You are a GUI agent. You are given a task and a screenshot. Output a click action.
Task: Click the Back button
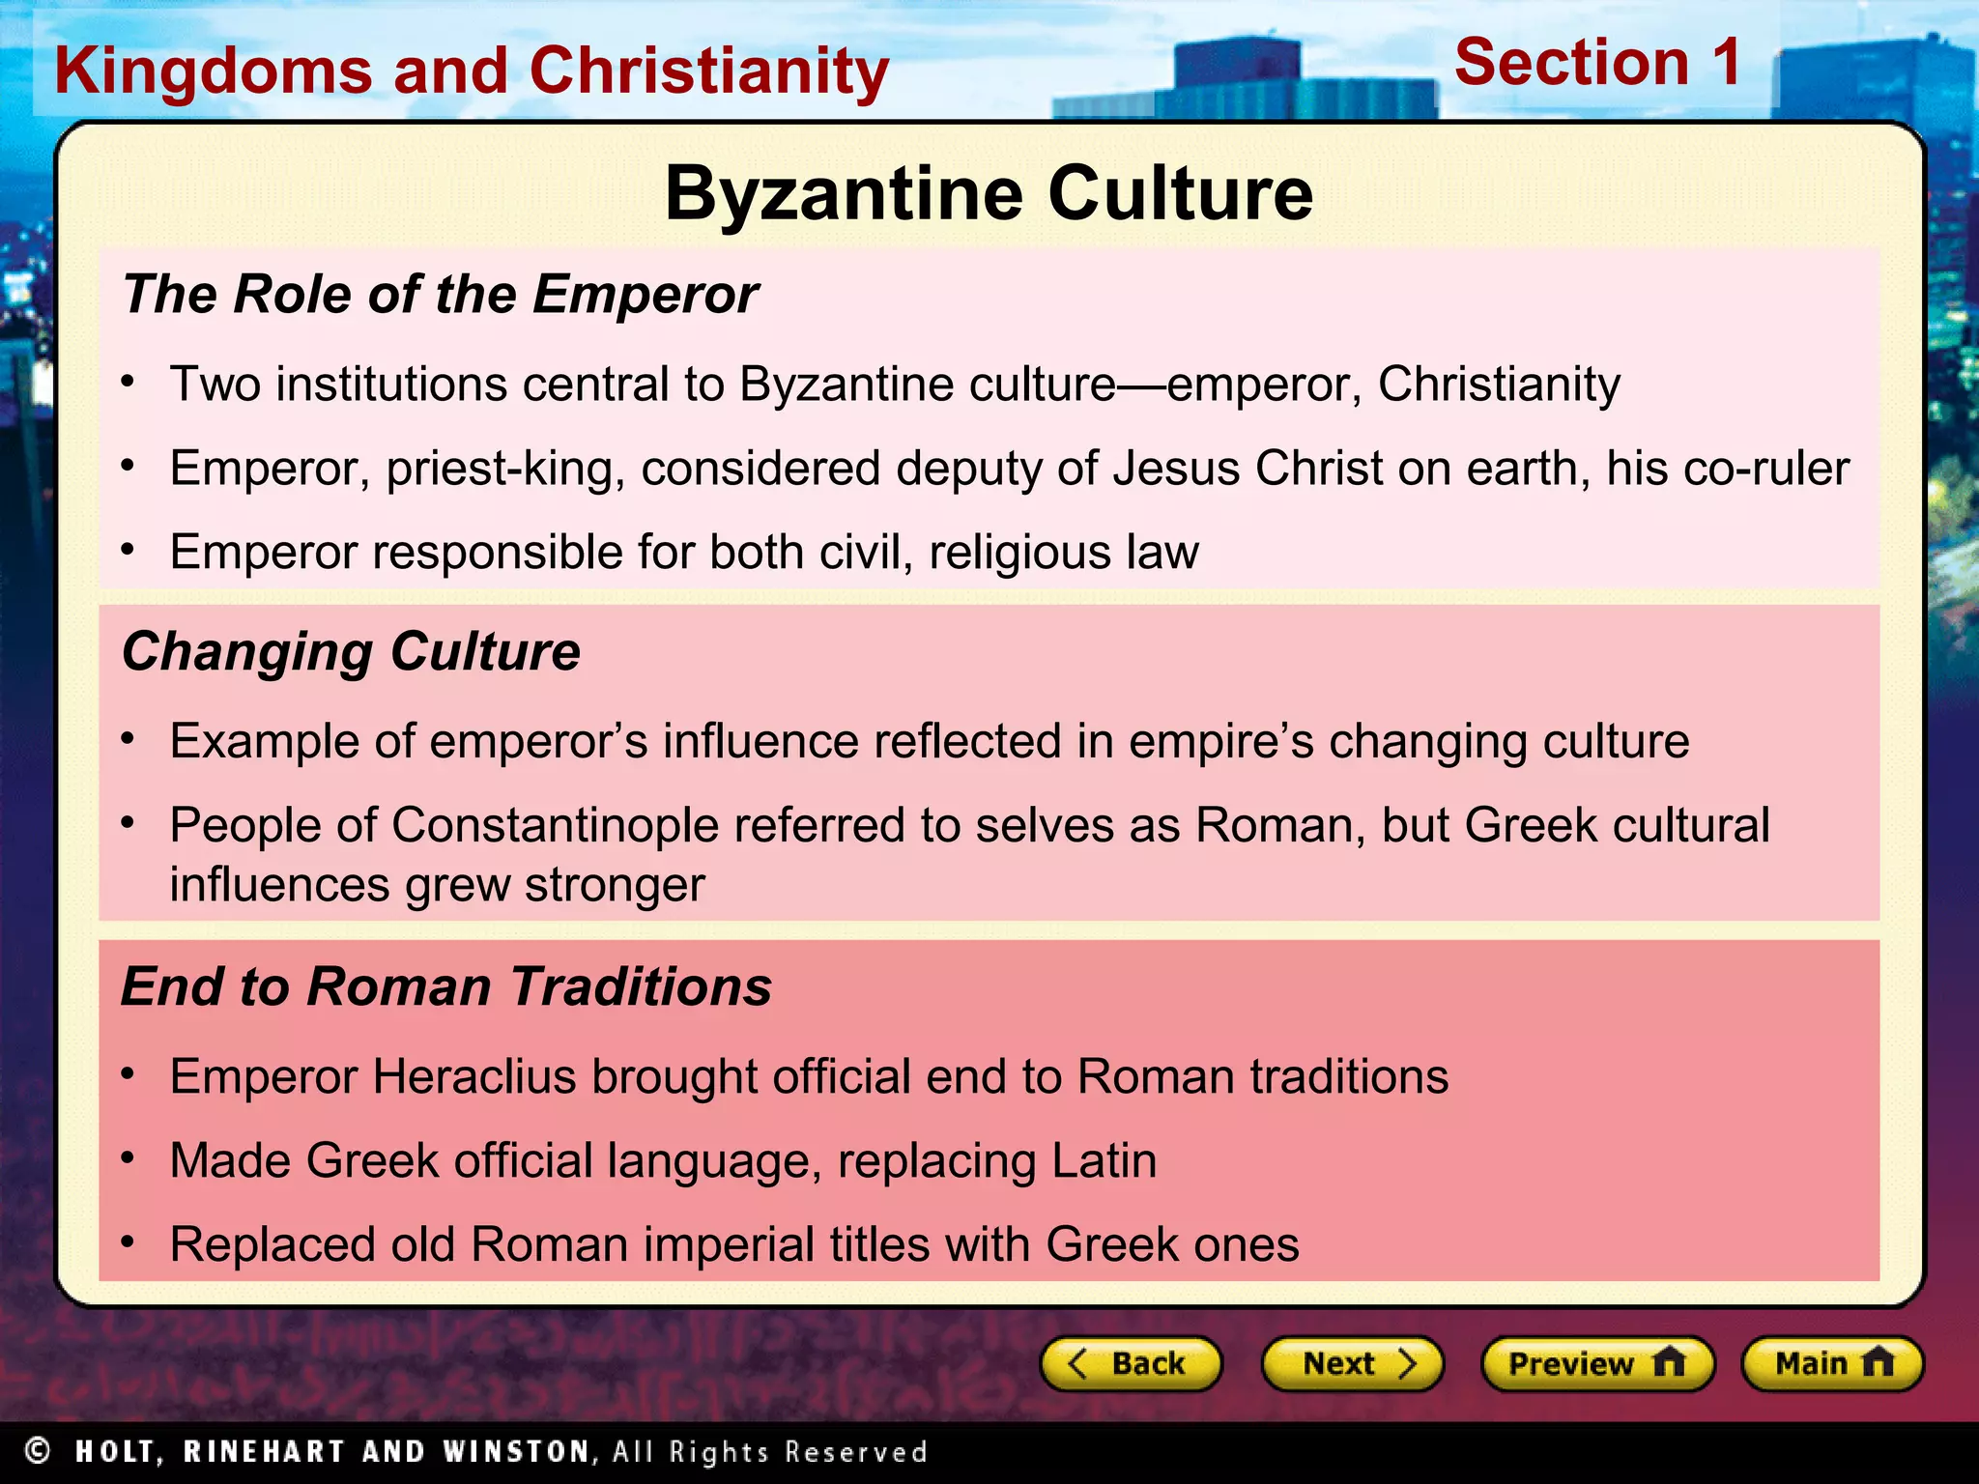pos(1131,1363)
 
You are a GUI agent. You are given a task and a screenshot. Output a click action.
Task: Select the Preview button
pos(1597,1363)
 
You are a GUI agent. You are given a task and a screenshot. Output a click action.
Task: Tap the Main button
pos(1832,1363)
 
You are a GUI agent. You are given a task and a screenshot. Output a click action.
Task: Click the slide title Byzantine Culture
pos(989,193)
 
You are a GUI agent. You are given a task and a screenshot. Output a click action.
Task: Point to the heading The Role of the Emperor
pos(441,294)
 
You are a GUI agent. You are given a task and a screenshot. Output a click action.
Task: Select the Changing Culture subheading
pos(351,651)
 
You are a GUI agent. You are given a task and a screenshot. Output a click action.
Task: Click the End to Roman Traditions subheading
pos(446,986)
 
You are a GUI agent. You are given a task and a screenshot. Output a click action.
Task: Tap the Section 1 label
pos(1598,63)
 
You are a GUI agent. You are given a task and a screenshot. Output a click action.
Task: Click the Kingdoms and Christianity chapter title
pos(472,71)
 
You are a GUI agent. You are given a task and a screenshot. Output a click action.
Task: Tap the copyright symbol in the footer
pos(38,1450)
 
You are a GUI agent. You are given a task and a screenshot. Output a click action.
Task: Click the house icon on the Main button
pos(1878,1362)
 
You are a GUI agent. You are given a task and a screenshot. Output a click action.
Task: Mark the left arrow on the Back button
pos(1078,1363)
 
